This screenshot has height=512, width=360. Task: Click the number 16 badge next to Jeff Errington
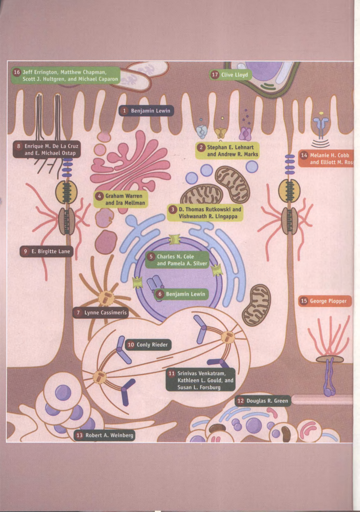(17, 73)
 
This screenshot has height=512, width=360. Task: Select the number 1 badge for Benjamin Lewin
(124, 111)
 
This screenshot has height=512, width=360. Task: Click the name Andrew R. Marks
(233, 154)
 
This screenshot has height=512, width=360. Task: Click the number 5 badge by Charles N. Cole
(151, 256)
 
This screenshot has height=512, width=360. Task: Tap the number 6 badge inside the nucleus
(160, 294)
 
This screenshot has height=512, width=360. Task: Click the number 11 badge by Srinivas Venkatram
(172, 373)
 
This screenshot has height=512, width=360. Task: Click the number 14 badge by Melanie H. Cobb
(304, 155)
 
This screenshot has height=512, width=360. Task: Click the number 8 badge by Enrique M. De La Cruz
(19, 146)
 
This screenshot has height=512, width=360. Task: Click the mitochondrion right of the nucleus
(256, 305)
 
